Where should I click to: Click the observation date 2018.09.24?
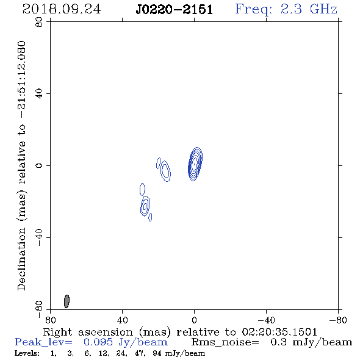click(x=62, y=9)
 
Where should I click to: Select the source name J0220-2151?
click(x=175, y=10)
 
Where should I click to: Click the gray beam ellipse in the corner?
click(x=67, y=301)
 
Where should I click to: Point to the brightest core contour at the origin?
click(x=195, y=164)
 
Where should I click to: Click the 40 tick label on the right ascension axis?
click(x=122, y=320)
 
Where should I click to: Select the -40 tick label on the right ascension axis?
click(x=265, y=320)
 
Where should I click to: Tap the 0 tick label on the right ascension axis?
click(x=194, y=320)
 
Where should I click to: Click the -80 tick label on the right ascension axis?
click(x=338, y=320)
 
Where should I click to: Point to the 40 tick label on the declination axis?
click(x=39, y=94)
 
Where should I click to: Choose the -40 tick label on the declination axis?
click(x=39, y=237)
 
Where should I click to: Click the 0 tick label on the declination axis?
click(x=39, y=165)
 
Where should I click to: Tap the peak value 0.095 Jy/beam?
click(x=125, y=342)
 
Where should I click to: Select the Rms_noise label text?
click(x=225, y=342)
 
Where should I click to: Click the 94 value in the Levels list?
click(x=157, y=353)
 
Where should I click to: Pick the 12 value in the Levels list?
click(x=103, y=353)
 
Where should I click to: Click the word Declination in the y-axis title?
click(x=21, y=259)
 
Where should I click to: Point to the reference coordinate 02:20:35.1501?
click(x=279, y=332)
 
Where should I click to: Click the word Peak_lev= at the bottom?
click(x=43, y=342)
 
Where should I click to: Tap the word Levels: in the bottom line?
click(x=27, y=353)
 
